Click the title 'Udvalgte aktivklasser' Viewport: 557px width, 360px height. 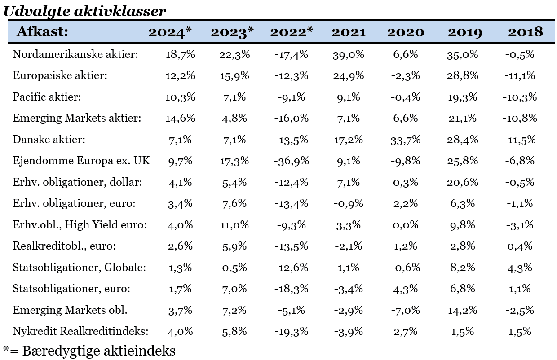click(x=85, y=12)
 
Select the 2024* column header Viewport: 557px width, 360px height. click(x=170, y=32)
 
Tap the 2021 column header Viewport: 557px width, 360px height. click(x=349, y=32)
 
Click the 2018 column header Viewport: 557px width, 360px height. click(x=525, y=32)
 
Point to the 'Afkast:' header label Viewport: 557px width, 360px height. click(x=42, y=32)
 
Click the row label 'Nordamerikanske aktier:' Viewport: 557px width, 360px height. click(x=75, y=54)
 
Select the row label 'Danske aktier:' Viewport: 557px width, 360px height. click(x=49, y=140)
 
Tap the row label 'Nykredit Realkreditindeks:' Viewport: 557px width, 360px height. click(x=80, y=331)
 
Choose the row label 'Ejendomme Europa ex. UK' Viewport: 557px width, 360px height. click(x=81, y=161)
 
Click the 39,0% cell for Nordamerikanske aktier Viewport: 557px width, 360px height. click(x=349, y=54)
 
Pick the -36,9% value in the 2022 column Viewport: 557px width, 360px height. click(x=292, y=161)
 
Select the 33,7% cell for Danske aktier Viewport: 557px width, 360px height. click(x=405, y=140)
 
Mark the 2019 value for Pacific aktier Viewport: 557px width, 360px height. click(x=463, y=97)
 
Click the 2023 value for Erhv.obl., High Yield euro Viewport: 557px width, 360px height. click(x=234, y=225)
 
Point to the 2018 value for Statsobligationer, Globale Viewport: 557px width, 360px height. click(x=520, y=268)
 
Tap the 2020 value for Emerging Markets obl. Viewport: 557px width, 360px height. click(x=405, y=310)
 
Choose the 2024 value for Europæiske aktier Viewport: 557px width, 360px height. click(x=180, y=75)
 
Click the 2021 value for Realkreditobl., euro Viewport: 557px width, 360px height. click(x=349, y=246)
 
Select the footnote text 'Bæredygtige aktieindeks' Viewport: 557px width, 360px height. click(x=99, y=351)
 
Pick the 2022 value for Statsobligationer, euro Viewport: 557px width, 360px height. click(x=292, y=289)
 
